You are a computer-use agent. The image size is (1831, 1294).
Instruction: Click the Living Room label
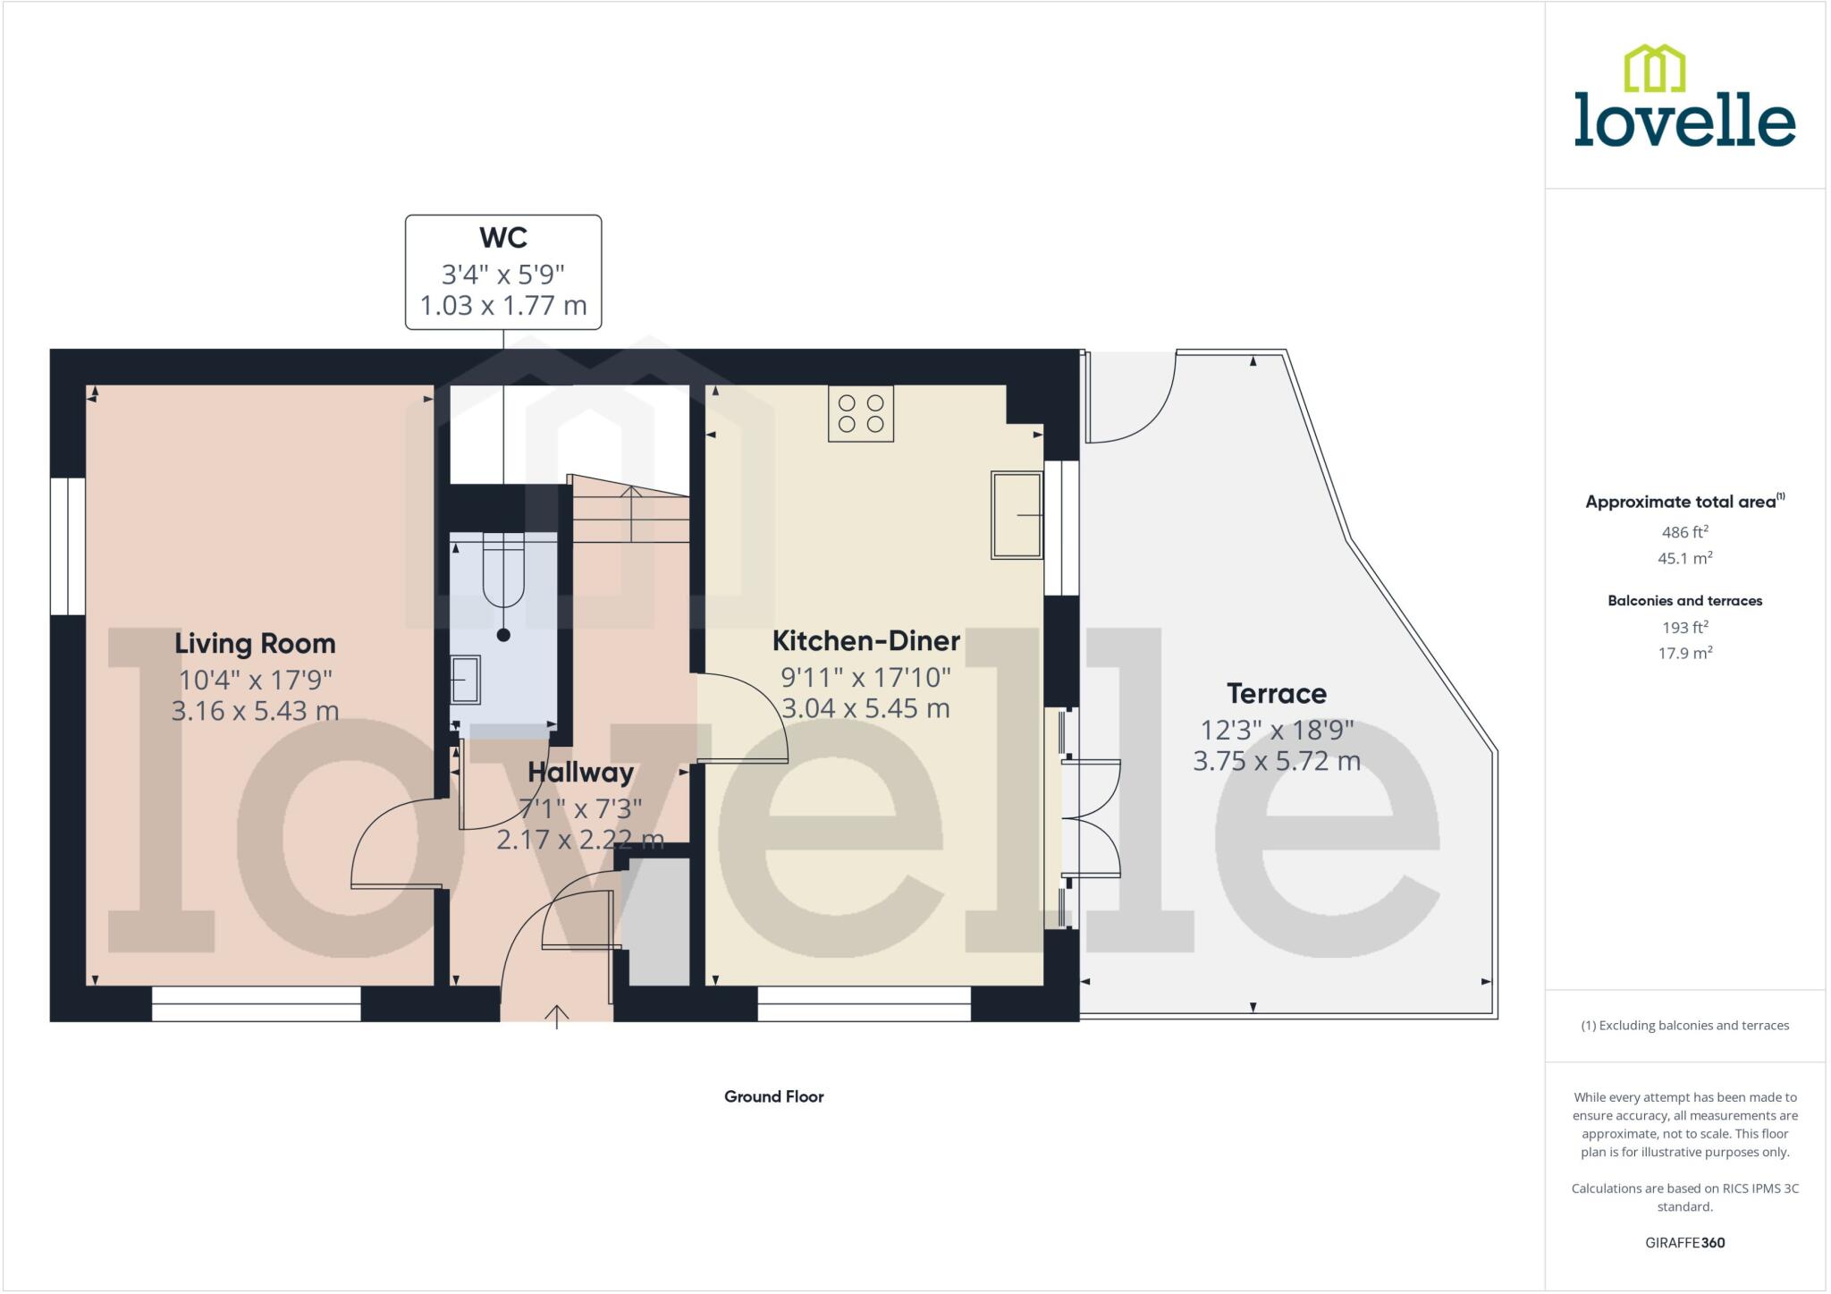coord(255,644)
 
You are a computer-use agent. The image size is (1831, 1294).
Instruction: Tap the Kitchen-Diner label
coord(865,641)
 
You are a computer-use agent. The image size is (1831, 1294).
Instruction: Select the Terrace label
coord(1276,694)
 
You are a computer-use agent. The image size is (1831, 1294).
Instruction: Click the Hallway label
coord(580,773)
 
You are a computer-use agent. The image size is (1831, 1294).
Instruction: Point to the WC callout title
coord(503,238)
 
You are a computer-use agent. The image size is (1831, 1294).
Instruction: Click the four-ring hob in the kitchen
coord(861,413)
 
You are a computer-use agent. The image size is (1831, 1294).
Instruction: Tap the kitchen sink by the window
coord(1017,515)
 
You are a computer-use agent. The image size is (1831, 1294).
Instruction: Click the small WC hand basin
coord(465,681)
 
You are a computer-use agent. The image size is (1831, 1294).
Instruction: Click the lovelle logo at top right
coord(1684,98)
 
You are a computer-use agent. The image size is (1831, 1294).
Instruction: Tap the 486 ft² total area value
coord(1684,532)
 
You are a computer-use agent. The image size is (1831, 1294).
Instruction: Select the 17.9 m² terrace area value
coord(1684,654)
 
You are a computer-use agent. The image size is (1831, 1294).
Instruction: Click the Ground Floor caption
coord(773,1096)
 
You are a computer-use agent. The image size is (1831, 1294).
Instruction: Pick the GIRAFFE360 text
coord(1684,1242)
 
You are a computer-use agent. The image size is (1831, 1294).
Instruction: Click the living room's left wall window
coord(68,546)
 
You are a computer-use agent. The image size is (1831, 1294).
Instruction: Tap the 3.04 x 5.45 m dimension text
coord(865,709)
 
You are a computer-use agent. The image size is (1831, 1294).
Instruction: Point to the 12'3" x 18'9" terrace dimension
coord(1276,731)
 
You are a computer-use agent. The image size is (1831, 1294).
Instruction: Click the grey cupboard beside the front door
coord(659,922)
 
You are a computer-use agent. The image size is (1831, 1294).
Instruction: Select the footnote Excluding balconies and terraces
coord(1684,1026)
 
